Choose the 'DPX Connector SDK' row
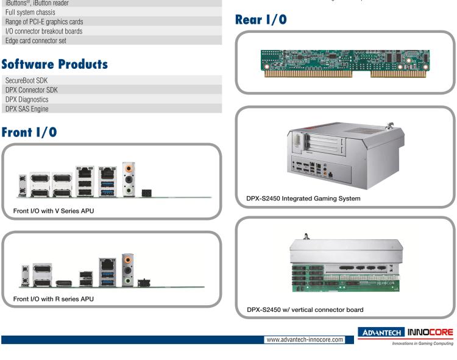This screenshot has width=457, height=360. click(35, 90)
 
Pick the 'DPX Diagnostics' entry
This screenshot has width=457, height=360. click(30, 99)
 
